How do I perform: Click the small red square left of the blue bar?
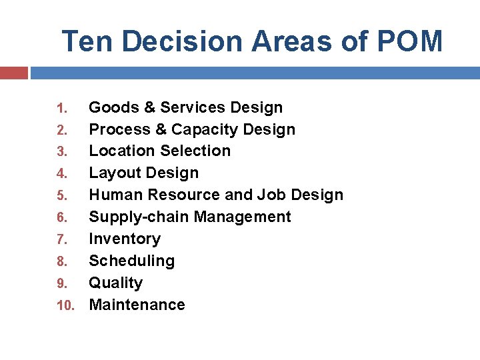[13, 73]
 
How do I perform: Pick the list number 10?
[65, 305]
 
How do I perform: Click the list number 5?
[61, 196]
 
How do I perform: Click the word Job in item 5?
[275, 195]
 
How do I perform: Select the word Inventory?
[125, 239]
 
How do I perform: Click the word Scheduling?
[131, 261]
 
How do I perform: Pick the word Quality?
[115, 283]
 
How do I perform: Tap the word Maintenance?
[137, 305]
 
